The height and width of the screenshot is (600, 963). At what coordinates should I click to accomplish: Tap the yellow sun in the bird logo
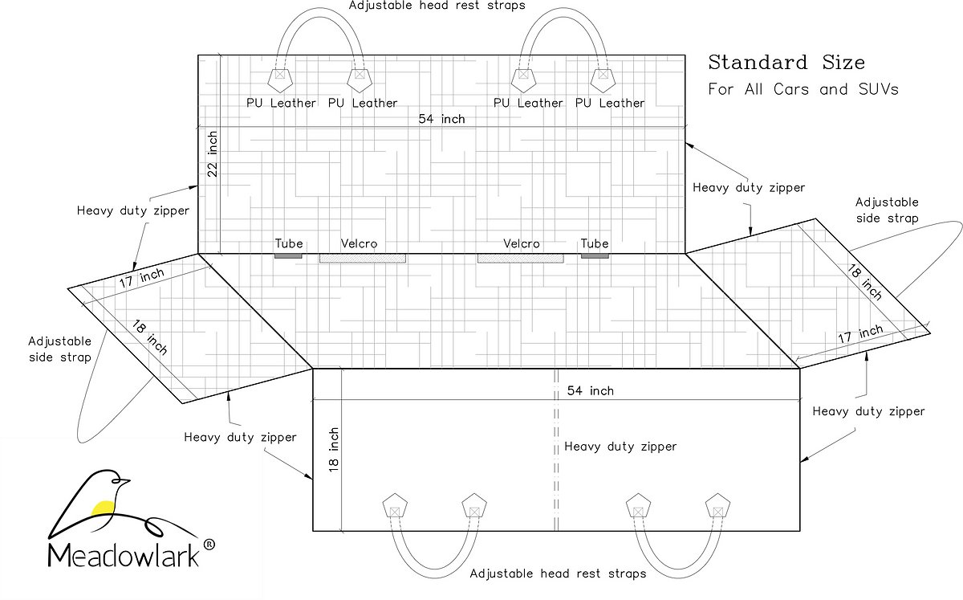[103, 507]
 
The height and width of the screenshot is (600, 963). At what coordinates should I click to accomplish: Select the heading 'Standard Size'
[786, 63]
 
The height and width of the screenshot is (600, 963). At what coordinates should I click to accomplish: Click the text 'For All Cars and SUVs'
[802, 89]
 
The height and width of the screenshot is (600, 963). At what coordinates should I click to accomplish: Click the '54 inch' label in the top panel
[441, 119]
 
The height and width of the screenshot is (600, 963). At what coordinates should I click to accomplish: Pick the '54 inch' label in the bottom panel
[590, 390]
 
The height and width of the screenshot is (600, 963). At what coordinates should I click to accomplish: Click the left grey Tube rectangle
[289, 255]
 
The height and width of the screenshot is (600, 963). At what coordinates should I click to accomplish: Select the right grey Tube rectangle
[595, 255]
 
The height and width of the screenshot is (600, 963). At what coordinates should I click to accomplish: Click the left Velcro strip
[363, 258]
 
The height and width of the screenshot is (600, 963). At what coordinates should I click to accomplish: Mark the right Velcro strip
[521, 258]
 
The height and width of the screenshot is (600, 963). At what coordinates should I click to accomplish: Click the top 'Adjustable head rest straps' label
[437, 6]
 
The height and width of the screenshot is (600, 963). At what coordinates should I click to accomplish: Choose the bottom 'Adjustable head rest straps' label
[558, 573]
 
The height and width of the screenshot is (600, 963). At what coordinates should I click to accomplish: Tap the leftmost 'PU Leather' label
[281, 103]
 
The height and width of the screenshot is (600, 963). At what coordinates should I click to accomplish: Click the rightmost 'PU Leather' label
[610, 103]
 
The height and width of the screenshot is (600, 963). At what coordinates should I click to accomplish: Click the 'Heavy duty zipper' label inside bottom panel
[620, 447]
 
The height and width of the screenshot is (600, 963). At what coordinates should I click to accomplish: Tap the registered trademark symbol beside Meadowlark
[209, 545]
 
